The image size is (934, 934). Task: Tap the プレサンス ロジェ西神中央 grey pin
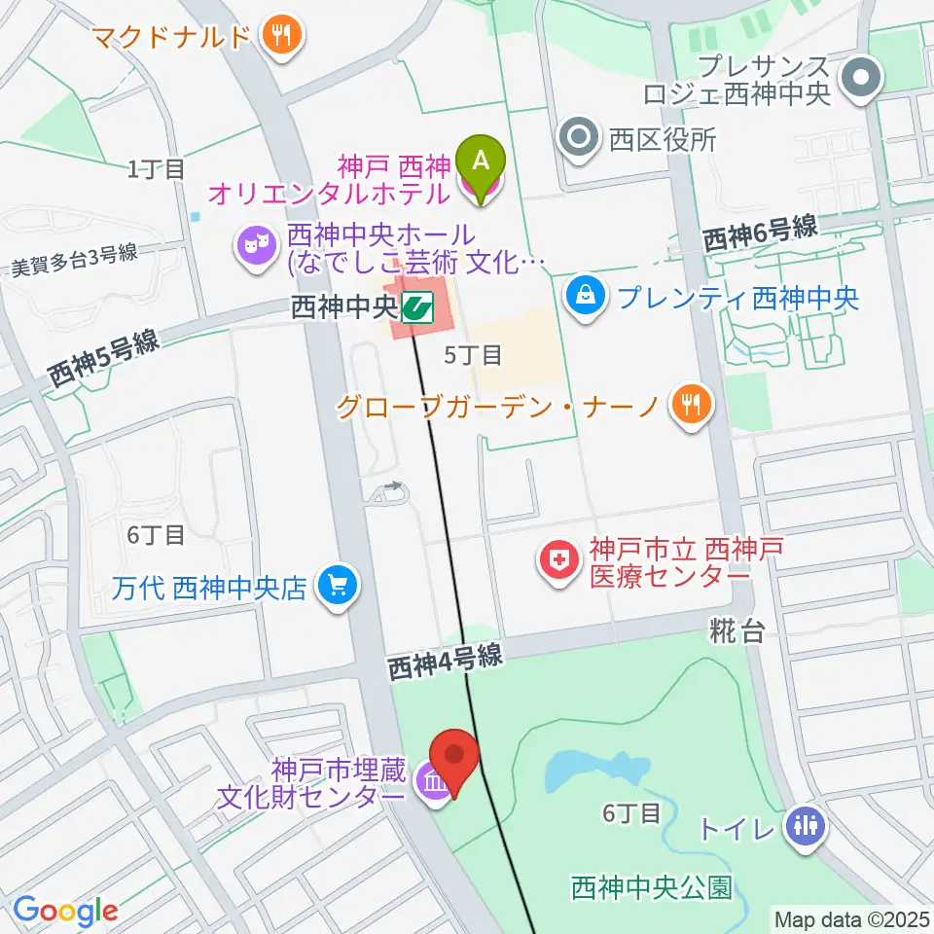[x=860, y=81]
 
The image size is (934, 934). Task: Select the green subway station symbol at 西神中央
[x=419, y=307]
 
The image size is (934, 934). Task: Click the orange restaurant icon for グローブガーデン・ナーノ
[x=692, y=405]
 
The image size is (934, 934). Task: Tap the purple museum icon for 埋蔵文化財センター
[x=434, y=783]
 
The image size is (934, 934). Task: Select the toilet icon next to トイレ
[x=807, y=828]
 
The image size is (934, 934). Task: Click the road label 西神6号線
[x=759, y=234]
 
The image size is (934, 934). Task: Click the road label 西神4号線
[x=445, y=664]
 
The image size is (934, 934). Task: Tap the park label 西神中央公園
[x=651, y=887]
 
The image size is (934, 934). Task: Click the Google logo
[x=65, y=912]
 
